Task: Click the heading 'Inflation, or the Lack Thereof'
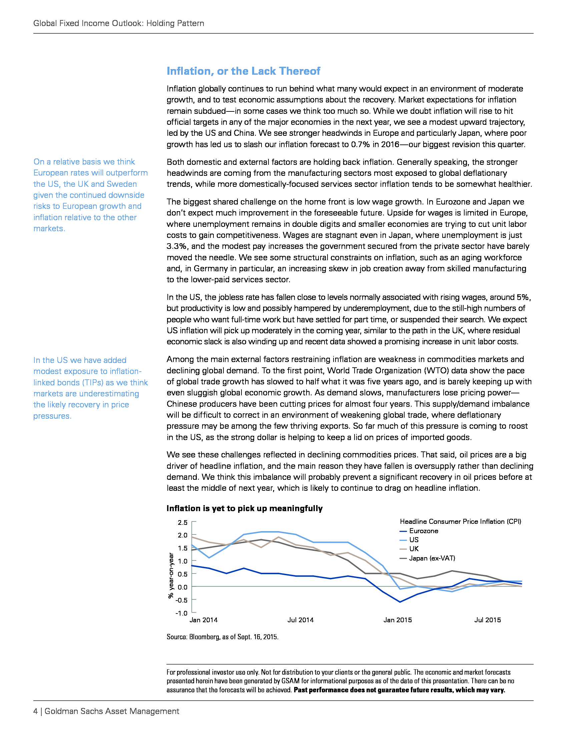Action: (243, 71)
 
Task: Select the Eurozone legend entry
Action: (423, 531)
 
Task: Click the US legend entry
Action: (414, 540)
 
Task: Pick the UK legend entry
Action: (414, 549)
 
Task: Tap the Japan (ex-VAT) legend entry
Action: (432, 558)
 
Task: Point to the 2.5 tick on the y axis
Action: (183, 522)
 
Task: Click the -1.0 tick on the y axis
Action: (182, 613)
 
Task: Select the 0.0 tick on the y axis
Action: (183, 587)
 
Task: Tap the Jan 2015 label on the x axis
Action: (397, 620)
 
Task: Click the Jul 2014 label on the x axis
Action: (300, 620)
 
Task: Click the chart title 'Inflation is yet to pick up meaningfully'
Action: (244, 508)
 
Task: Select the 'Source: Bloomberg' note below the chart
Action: (222, 637)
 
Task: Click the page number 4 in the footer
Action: (35, 711)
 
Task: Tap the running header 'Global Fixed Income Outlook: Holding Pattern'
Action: (119, 23)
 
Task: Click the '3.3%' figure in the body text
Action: (177, 246)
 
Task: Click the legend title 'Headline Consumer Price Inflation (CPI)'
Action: (460, 521)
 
